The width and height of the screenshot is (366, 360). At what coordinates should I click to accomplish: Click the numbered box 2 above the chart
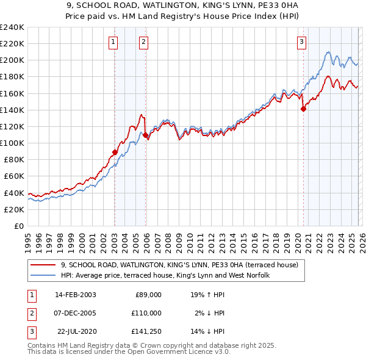coord(143,42)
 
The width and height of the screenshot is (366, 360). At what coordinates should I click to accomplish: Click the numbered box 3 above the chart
coord(302,42)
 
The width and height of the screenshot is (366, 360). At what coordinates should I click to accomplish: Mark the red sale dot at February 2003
coord(115,152)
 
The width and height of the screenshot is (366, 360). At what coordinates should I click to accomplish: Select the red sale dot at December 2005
coord(145,134)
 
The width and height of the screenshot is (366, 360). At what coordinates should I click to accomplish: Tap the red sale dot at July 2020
coord(303,109)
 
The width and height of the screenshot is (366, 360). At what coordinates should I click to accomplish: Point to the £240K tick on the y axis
coord(12,27)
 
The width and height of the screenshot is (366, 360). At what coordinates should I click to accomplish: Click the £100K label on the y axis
coord(12,143)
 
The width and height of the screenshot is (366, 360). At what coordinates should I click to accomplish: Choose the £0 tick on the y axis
coord(18,226)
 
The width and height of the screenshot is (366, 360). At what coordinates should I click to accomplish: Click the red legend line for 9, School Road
coord(43,265)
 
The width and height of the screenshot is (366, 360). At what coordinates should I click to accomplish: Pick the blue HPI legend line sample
coord(43,276)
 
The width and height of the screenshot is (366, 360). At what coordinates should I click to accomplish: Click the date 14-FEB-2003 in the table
coord(76,295)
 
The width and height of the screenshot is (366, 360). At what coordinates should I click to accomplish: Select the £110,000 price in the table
coord(146,313)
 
